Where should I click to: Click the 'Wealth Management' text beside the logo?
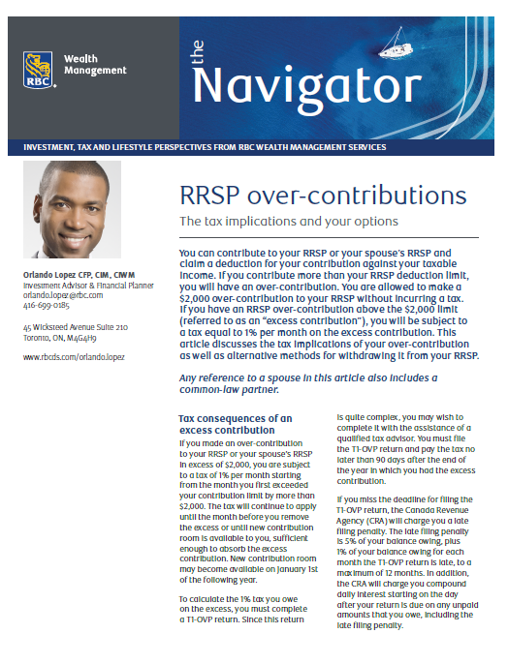coord(95,65)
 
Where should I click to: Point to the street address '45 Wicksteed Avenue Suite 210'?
coord(76,327)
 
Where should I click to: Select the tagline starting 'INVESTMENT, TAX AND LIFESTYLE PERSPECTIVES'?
coord(206,147)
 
